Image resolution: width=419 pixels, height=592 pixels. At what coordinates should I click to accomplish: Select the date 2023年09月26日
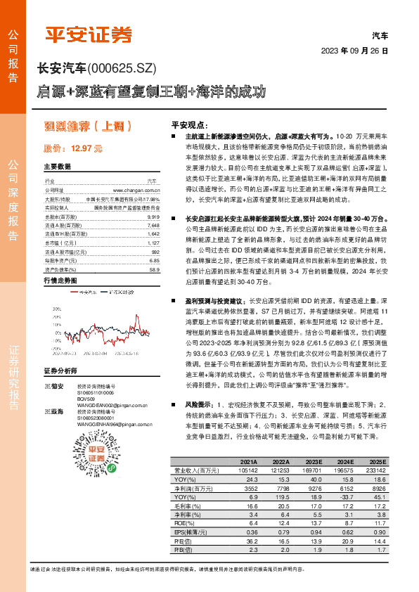(354, 51)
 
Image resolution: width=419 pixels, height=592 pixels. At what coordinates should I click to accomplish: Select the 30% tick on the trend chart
(53, 307)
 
